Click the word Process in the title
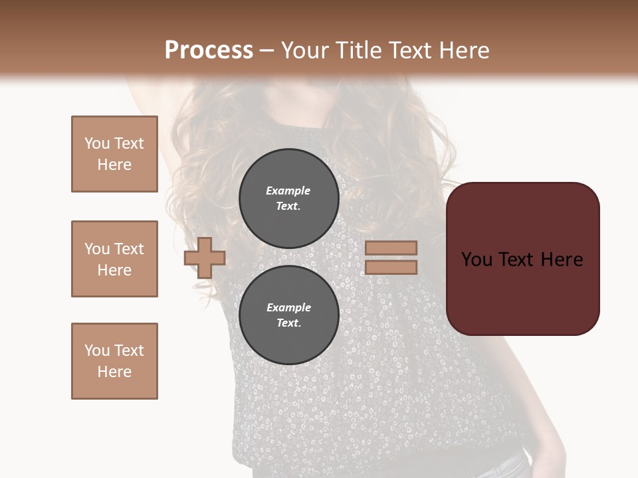[x=209, y=50]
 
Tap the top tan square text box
[x=114, y=154]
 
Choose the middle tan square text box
[x=114, y=259]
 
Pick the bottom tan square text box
[x=114, y=361]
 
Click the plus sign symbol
[x=205, y=258]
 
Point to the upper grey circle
[x=288, y=198]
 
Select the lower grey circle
[x=288, y=315]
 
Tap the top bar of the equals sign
[x=391, y=248]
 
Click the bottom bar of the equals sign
[x=391, y=267]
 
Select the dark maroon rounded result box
[x=523, y=258]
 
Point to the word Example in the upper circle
[x=288, y=191]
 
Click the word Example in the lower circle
[x=288, y=307]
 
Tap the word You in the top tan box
[x=96, y=143]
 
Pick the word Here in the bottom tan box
[x=114, y=372]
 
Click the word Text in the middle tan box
[x=129, y=249]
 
